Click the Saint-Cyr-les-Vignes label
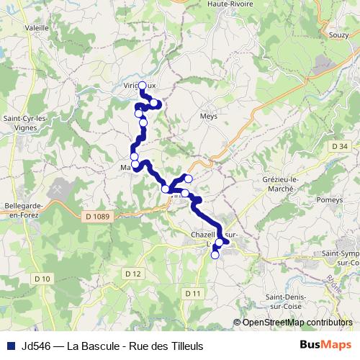pyautogui.click(x=24, y=123)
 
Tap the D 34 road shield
pyautogui.click(x=341, y=147)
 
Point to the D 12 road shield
pyautogui.click(x=131, y=273)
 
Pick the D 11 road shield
pyautogui.click(x=192, y=293)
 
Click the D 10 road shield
pyautogui.click(x=42, y=279)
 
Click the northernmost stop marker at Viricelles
pyautogui.click(x=142, y=86)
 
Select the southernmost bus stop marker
pyautogui.click(x=215, y=255)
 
